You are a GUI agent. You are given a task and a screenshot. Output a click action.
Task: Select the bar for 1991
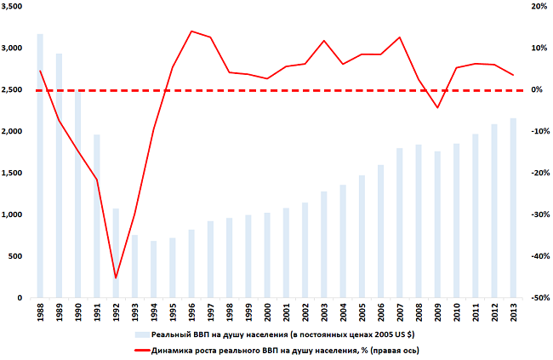96,216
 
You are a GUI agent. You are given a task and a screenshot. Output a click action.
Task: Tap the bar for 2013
513,208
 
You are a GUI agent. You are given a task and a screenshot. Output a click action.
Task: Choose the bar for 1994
153,269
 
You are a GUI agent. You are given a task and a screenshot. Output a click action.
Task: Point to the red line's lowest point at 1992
116,277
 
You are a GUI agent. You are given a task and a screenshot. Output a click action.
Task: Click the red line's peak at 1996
191,31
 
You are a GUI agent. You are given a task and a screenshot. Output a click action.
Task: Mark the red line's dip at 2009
437,108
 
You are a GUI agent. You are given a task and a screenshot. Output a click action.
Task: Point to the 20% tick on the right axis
536,6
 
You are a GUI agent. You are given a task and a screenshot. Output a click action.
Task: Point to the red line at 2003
323,41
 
